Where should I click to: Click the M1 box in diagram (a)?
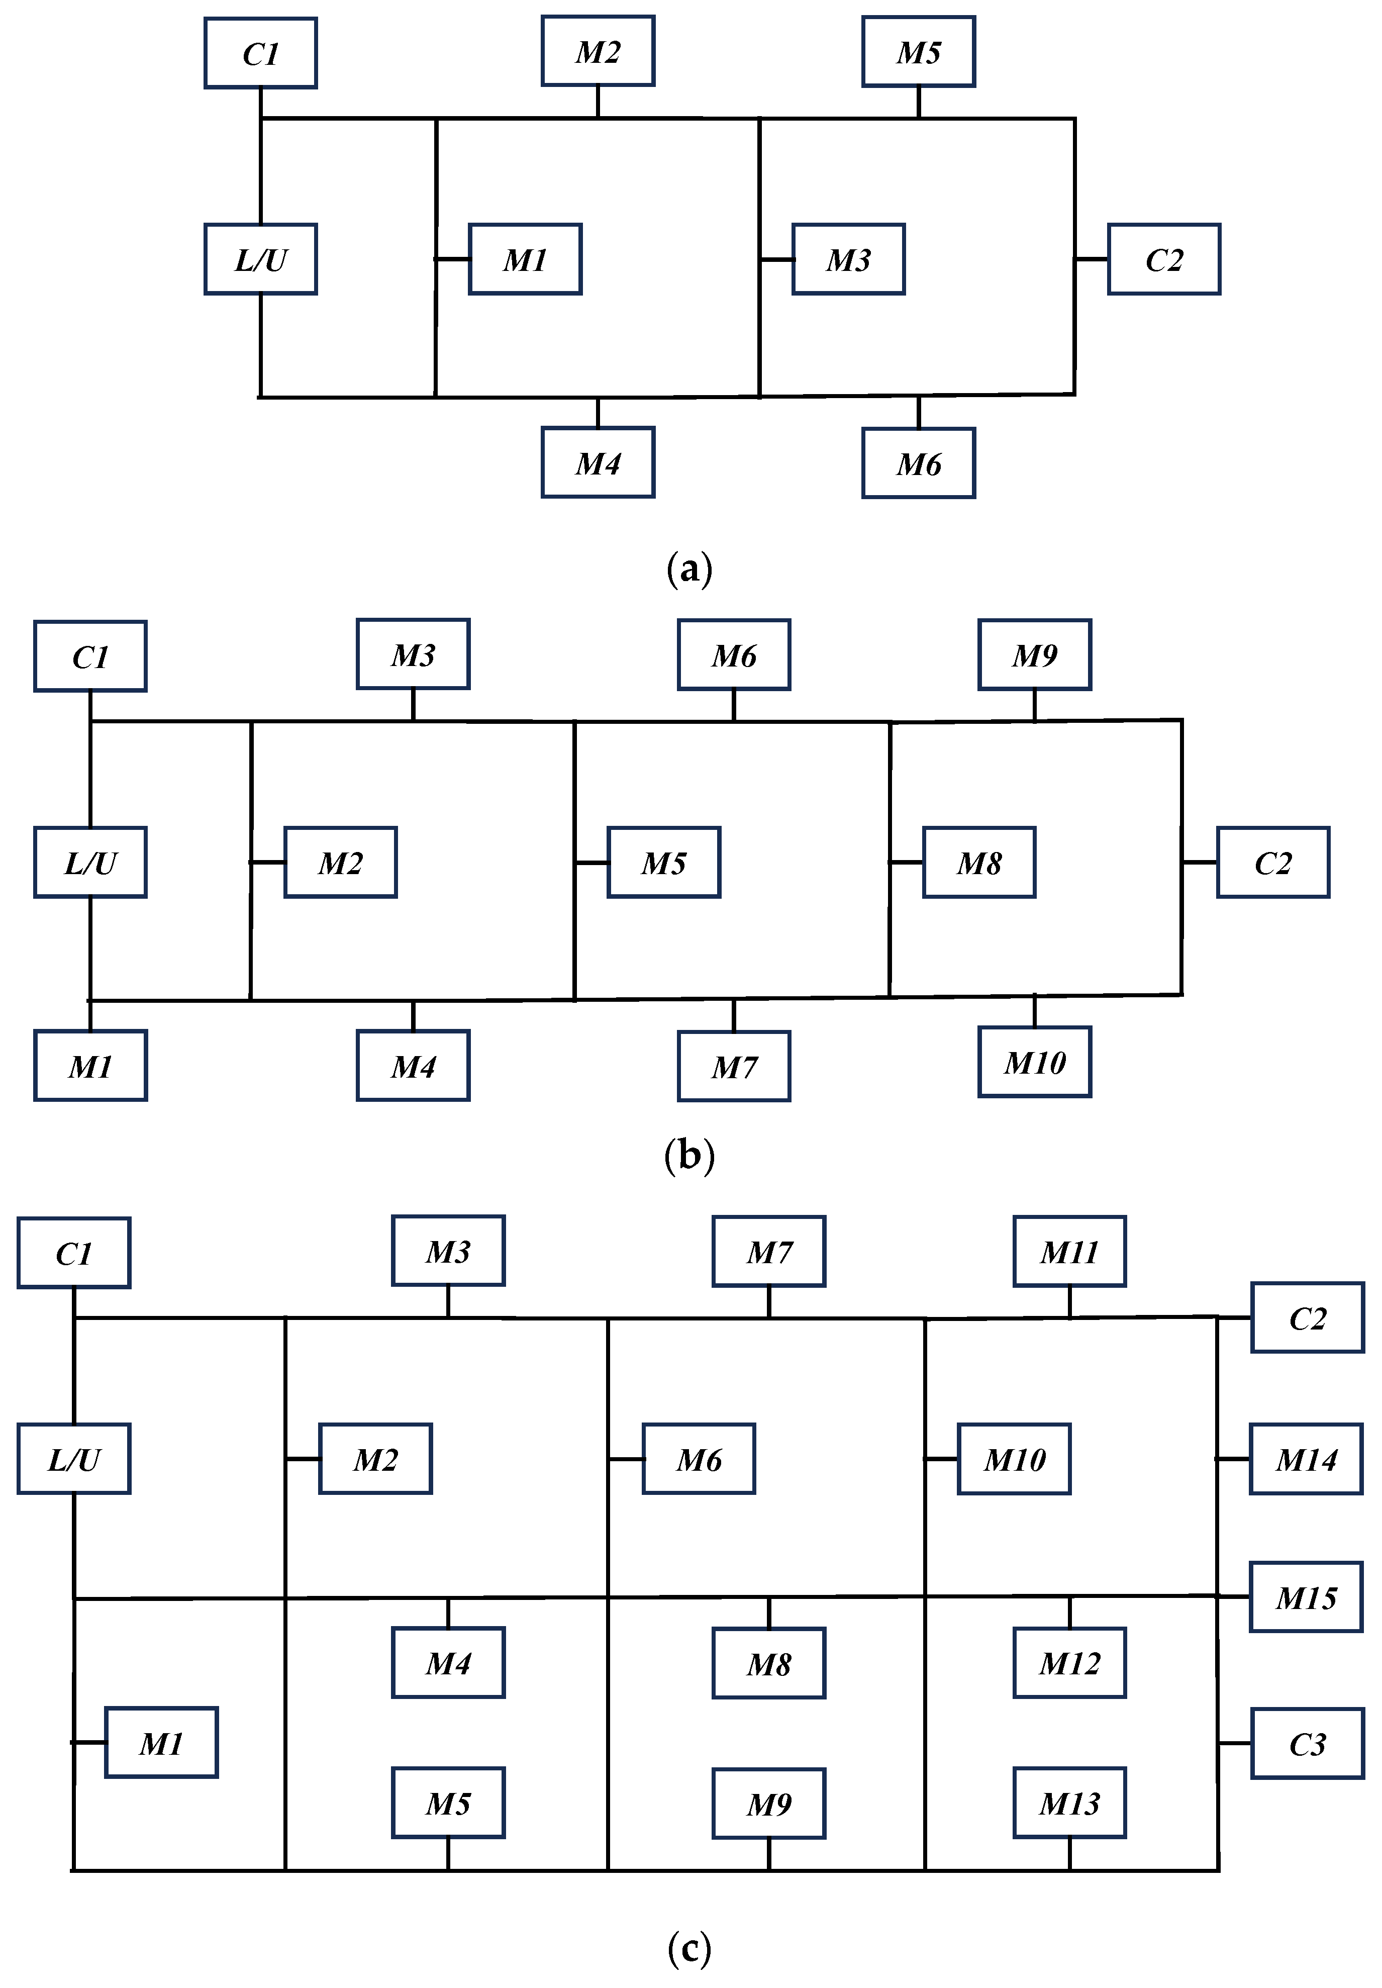coord(525,260)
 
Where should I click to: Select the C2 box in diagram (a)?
coord(1164,260)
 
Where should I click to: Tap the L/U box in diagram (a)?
coord(261,260)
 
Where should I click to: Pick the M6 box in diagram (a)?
coord(919,464)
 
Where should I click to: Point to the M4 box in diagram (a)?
coord(598,463)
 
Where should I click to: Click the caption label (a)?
coord(689,570)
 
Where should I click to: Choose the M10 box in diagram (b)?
coord(1035,1063)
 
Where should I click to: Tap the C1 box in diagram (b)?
coord(90,656)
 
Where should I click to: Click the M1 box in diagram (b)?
coord(90,1066)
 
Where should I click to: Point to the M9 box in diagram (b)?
coord(1035,655)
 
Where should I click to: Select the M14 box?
coord(1306,1460)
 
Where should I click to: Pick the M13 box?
coord(1069,1803)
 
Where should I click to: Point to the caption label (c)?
coord(689,1948)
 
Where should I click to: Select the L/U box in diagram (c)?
coord(73,1460)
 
